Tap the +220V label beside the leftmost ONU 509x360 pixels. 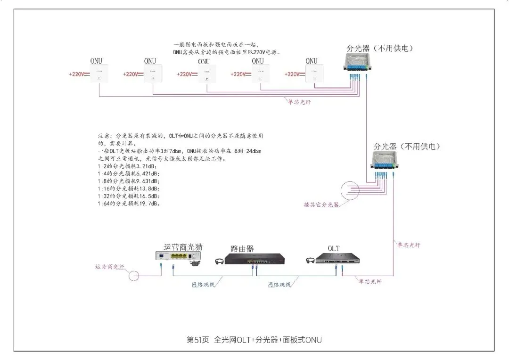(76, 74)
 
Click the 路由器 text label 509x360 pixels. (243, 248)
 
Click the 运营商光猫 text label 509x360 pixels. (183, 246)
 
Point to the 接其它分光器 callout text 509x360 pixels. (321, 205)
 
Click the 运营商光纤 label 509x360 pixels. (109, 267)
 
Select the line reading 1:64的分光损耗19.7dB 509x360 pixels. (129, 204)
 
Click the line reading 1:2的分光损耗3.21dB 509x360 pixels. (127, 166)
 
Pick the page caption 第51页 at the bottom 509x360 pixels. (198, 340)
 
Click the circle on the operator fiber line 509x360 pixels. (134, 275)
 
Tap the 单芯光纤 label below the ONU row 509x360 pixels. (300, 101)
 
